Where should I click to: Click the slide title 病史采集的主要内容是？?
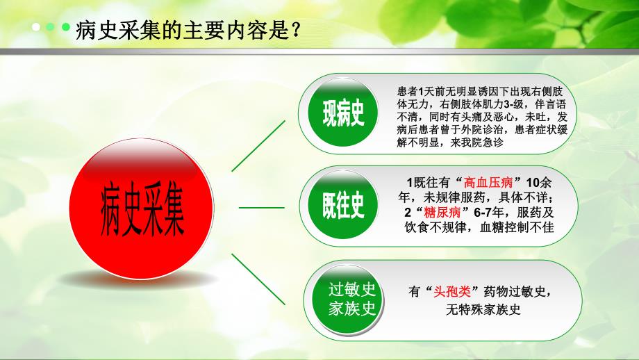188,31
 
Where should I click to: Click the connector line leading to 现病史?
258,144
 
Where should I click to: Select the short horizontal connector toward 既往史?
261,207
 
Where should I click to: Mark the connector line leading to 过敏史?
258,277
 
